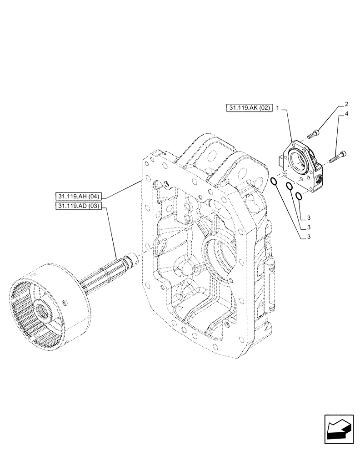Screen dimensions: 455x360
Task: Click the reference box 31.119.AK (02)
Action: point(249,108)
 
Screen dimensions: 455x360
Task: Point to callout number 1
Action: point(278,109)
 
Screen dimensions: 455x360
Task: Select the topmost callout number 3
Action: point(309,217)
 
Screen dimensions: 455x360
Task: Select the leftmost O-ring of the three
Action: point(274,182)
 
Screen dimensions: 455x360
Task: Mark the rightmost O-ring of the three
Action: point(299,196)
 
